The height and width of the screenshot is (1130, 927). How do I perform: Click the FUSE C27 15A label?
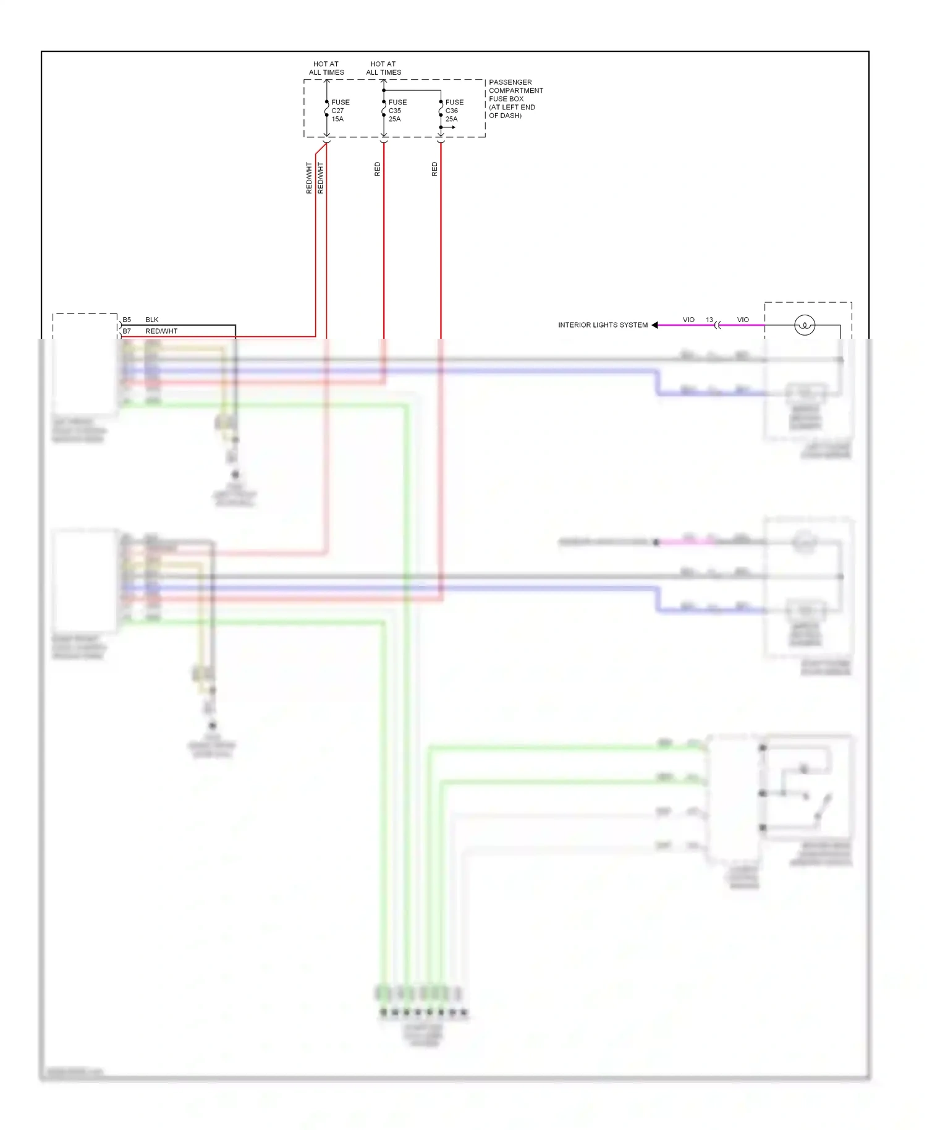[x=340, y=111]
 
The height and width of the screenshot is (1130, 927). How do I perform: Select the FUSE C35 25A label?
[x=397, y=111]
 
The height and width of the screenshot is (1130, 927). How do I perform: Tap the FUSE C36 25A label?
[x=454, y=111]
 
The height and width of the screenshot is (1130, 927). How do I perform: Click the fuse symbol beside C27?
[x=327, y=111]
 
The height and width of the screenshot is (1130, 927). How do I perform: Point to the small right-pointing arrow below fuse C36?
[x=452, y=127]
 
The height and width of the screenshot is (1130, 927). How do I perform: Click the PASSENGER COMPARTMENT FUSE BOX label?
[x=515, y=98]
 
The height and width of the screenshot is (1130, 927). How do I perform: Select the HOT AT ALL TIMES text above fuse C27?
[x=326, y=68]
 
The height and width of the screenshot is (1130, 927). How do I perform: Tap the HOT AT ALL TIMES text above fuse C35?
[x=383, y=68]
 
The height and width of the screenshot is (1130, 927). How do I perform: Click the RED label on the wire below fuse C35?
[x=378, y=169]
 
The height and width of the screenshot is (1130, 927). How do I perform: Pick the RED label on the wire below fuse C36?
[x=434, y=169]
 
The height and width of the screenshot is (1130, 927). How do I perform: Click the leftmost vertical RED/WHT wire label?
[x=309, y=178]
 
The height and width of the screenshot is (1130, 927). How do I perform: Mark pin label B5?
[x=127, y=320]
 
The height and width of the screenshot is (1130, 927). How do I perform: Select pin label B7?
[x=127, y=331]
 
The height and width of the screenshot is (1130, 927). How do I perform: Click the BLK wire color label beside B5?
[x=152, y=320]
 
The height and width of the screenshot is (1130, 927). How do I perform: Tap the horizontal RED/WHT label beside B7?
[x=161, y=331]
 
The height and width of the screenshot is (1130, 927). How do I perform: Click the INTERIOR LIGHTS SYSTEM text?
[x=603, y=325]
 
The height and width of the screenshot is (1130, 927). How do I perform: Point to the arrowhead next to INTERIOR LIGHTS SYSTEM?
[x=654, y=325]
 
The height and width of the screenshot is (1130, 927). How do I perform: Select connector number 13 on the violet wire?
[x=709, y=320]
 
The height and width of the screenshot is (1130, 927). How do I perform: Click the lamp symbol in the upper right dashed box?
[x=804, y=325]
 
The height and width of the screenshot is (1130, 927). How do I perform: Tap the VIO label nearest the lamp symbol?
[x=743, y=320]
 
